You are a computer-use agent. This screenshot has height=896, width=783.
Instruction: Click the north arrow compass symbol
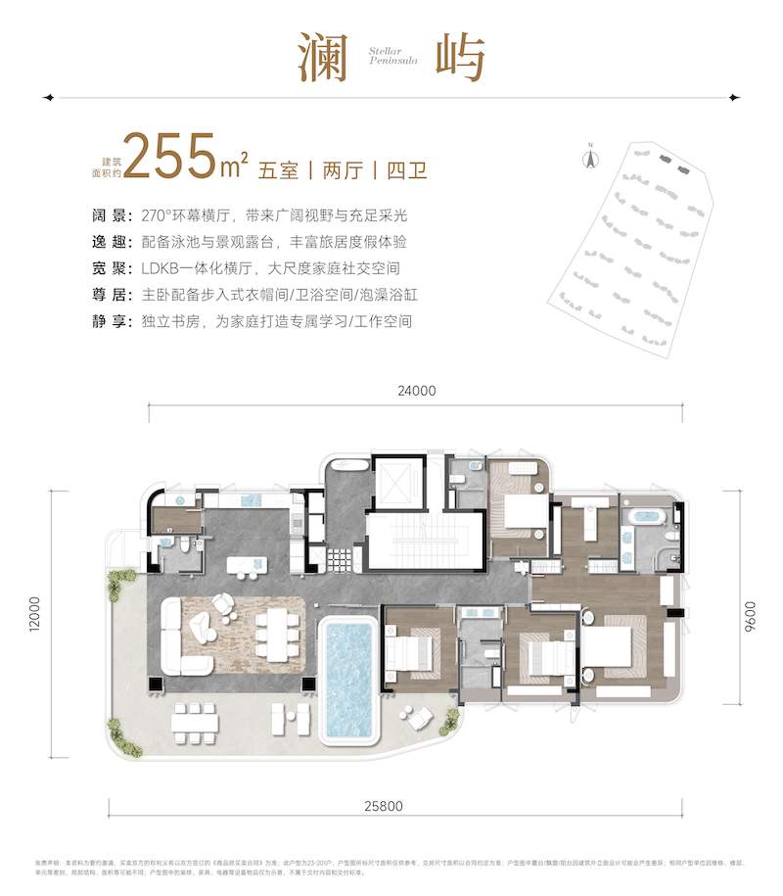[590, 157]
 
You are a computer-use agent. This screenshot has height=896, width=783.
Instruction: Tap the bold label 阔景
[105, 216]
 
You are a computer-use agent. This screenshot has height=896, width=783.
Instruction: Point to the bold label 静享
[105, 320]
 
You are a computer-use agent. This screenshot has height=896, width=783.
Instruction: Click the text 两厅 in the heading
[343, 169]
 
